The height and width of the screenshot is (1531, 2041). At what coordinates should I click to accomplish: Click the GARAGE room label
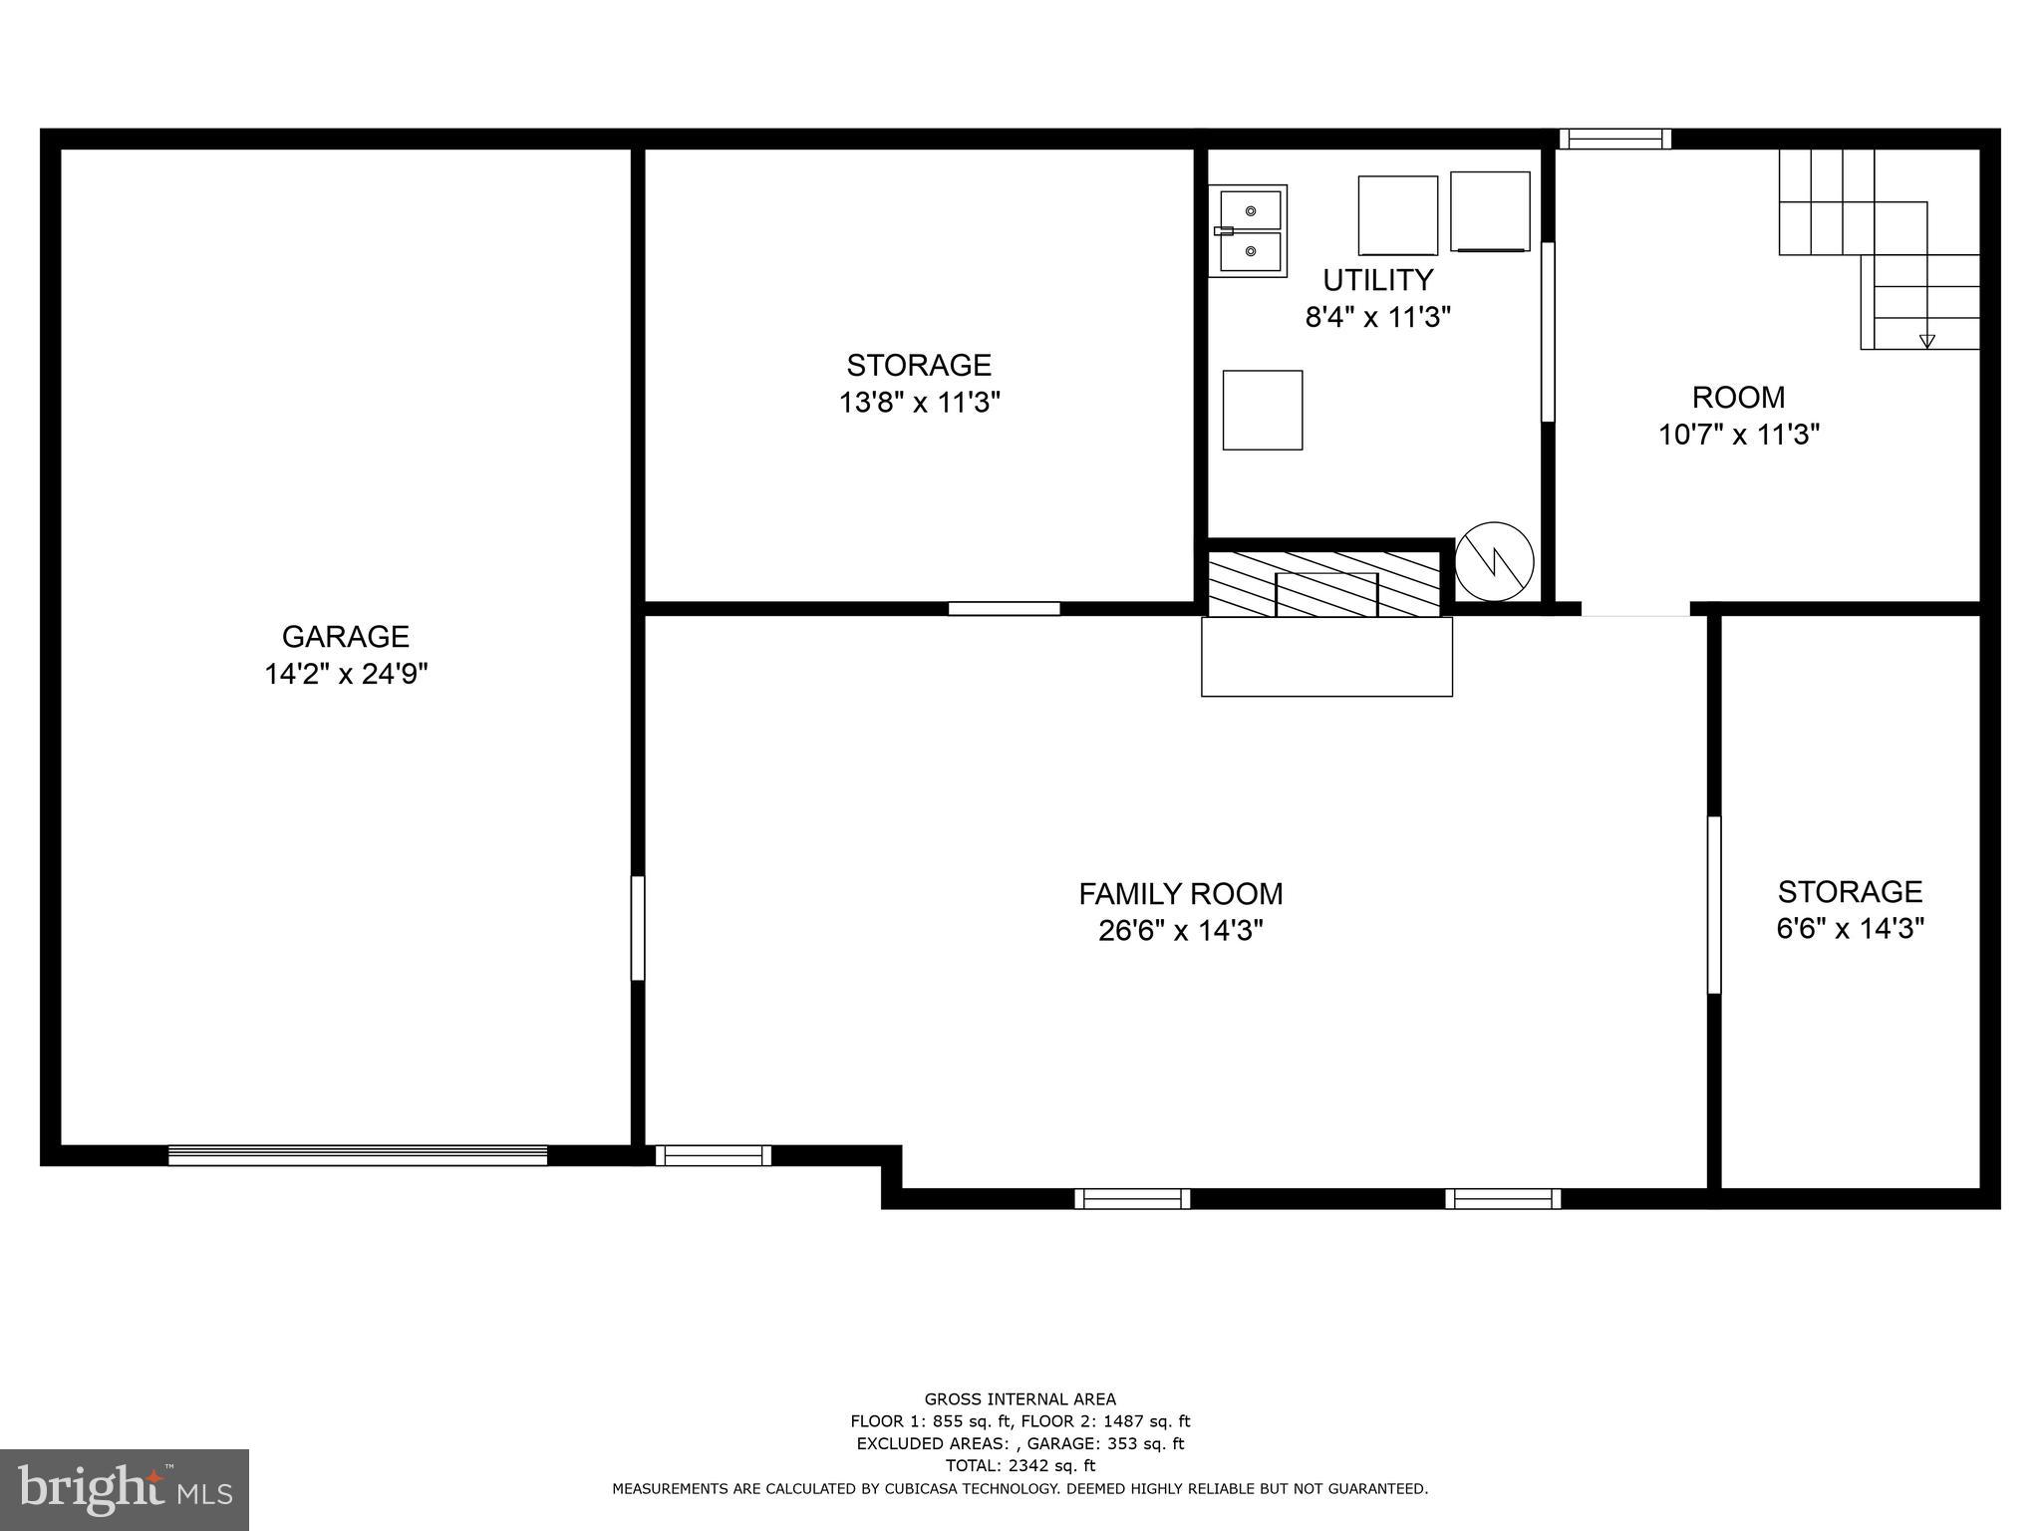click(345, 636)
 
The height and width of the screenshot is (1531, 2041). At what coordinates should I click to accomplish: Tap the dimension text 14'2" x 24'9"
click(345, 675)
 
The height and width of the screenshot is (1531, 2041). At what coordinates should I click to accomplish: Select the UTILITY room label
click(1377, 279)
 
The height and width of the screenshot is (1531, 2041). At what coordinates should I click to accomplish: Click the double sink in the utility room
click(1249, 231)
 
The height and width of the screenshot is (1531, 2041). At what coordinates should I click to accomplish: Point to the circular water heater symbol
click(1494, 562)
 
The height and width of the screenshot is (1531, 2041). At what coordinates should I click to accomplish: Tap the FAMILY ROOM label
click(1180, 893)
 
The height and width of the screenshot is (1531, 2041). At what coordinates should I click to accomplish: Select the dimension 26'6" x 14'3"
click(1180, 931)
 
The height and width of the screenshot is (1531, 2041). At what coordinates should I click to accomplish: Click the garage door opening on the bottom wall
click(357, 1155)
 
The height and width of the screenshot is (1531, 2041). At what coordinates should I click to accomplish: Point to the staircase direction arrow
click(1926, 341)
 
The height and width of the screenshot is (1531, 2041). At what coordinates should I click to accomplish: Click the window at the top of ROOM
click(1614, 139)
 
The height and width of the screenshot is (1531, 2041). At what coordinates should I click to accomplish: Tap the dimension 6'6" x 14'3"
click(1850, 929)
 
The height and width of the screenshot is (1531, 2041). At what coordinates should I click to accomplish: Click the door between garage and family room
click(638, 928)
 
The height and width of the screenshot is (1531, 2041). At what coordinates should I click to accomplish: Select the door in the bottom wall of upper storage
click(1004, 608)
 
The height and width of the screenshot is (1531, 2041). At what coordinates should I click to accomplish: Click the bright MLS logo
click(125, 1489)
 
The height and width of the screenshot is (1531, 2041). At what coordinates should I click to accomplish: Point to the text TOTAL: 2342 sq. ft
click(1020, 1465)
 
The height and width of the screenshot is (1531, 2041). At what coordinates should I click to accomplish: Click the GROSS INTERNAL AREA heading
click(1020, 1399)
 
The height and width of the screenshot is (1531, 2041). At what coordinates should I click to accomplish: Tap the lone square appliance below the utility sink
click(1262, 410)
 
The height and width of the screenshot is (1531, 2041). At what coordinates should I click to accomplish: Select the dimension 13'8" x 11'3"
click(919, 403)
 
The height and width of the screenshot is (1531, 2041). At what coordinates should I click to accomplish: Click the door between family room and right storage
click(1714, 904)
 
